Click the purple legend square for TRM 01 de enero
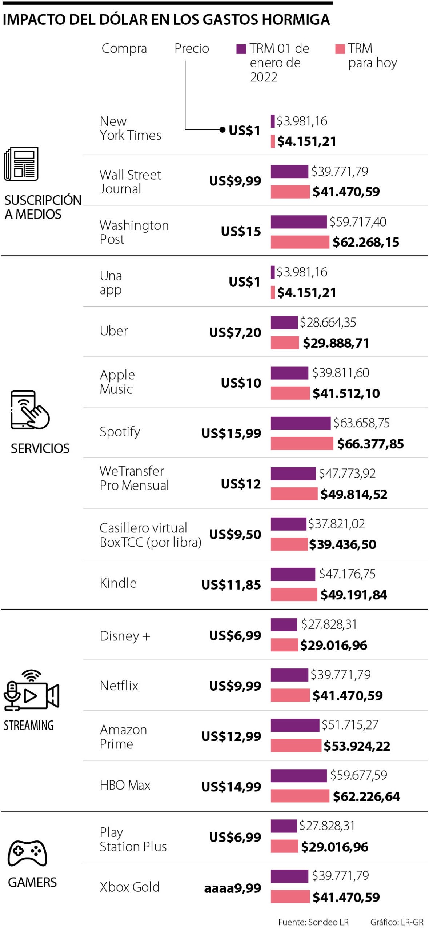point(241,49)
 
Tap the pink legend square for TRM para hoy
point(340,49)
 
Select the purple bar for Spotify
point(300,423)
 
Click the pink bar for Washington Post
point(300,242)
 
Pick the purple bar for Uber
point(284,323)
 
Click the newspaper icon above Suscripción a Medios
point(21,164)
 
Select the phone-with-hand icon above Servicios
point(29,410)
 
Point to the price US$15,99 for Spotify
point(231,433)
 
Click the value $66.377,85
point(370,444)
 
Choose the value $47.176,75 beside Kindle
point(347,574)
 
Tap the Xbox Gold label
point(129,887)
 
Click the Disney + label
point(125,636)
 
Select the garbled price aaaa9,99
point(232,888)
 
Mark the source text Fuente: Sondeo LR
point(313,922)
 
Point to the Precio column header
point(192,48)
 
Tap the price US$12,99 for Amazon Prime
point(231,736)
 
